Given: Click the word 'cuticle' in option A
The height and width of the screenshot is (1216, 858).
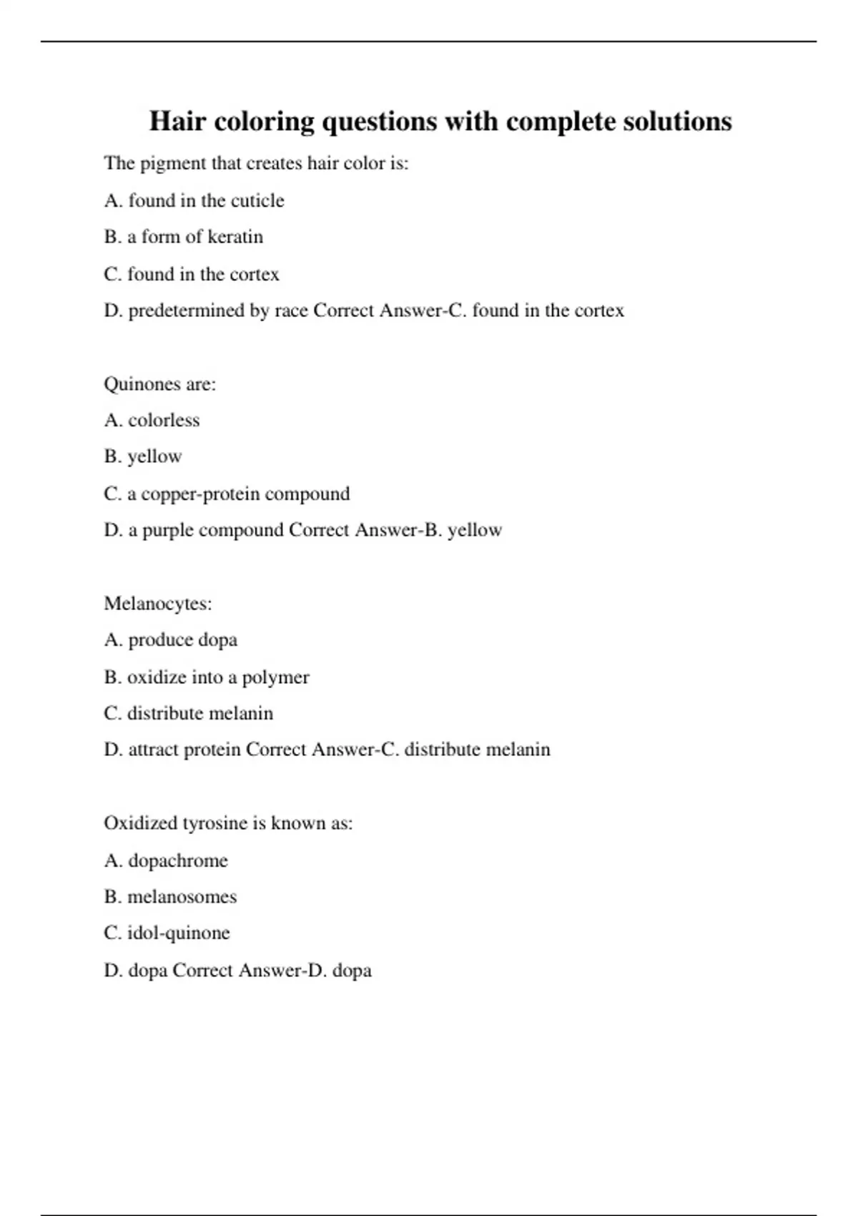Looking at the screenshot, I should point(257,201).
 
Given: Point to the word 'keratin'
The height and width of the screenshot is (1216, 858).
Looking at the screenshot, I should point(235,237).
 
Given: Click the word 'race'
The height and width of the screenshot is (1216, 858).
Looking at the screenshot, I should point(291,310).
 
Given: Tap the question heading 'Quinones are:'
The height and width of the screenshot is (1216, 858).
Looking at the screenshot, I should point(159,384).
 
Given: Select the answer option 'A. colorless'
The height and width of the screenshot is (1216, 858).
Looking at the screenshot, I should point(152,421).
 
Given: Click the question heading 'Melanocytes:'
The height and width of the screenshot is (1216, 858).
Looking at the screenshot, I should point(158,604).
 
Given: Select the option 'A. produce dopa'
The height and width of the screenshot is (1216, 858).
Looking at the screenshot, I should point(170,640).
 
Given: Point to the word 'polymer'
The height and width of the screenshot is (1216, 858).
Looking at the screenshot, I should point(275,677).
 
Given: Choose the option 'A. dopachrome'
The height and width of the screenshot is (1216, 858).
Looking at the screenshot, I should point(166,860).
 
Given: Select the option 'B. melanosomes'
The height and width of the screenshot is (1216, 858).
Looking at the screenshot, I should point(170,897).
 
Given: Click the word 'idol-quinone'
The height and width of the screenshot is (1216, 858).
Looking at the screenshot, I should point(178,933).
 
